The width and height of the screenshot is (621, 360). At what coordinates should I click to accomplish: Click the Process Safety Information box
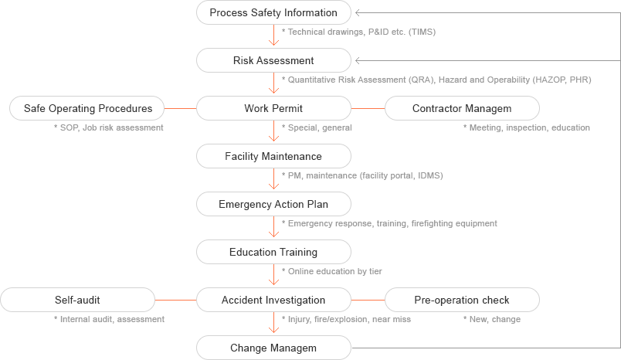(x=273, y=12)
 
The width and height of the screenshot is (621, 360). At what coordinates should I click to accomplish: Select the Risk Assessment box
(x=273, y=60)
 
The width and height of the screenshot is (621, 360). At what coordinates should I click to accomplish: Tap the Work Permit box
(x=273, y=108)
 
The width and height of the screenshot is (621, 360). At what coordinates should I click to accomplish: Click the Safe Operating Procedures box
(x=87, y=108)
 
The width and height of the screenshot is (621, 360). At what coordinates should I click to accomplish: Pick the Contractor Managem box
(x=461, y=108)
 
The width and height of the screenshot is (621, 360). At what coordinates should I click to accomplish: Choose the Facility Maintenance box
(x=273, y=156)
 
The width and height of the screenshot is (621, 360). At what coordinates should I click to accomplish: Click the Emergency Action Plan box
(x=273, y=204)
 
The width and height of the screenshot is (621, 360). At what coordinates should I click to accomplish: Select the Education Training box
(x=273, y=252)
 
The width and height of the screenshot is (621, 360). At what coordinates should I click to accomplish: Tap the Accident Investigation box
(x=273, y=300)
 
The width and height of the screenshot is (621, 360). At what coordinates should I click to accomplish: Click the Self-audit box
(x=77, y=300)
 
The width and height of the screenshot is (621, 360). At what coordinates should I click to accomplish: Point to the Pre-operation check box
(x=461, y=300)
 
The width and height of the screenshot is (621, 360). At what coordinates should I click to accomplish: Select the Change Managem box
(x=273, y=348)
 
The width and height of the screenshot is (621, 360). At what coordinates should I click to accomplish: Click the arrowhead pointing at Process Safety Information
(x=358, y=12)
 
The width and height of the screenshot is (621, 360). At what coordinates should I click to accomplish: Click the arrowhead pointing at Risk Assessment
(x=358, y=60)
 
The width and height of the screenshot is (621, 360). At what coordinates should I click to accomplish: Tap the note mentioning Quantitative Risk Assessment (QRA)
(x=436, y=80)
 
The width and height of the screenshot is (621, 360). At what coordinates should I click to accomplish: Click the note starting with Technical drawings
(x=359, y=32)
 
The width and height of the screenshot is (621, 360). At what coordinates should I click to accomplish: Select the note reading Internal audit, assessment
(x=109, y=318)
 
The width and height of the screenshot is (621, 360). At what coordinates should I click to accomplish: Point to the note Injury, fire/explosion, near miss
(x=347, y=318)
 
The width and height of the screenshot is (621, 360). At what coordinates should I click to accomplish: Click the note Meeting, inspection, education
(x=528, y=127)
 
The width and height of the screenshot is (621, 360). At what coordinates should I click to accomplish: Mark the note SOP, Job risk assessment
(x=109, y=127)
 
